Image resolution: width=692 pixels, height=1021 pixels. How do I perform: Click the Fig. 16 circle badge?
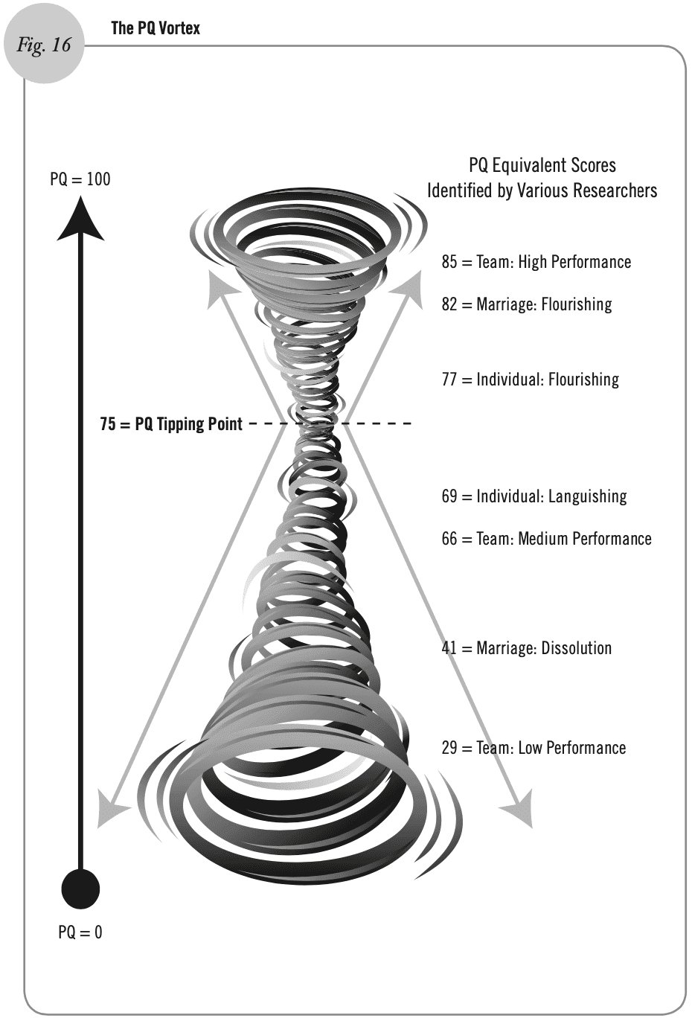44,45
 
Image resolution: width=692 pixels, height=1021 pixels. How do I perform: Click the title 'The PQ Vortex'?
156,28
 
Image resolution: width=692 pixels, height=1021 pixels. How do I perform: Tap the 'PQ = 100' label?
80,179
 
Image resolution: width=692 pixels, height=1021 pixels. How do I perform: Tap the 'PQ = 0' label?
80,932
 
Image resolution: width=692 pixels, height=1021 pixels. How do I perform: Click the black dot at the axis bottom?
80,889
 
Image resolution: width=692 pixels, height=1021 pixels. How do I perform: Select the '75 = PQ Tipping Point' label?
171,424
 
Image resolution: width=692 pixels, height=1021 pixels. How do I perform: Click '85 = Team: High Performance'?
536,262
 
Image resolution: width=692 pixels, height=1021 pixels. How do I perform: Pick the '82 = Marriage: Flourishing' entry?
526,304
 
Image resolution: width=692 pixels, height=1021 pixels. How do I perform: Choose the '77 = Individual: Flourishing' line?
530,380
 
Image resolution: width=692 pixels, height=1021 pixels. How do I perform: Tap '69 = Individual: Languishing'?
534,496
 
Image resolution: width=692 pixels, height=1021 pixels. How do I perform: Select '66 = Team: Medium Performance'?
546,539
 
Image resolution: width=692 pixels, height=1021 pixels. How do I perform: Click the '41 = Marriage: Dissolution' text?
526,648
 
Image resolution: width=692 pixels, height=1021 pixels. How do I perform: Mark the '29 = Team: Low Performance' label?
534,748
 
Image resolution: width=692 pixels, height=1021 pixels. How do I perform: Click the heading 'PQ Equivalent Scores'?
542,165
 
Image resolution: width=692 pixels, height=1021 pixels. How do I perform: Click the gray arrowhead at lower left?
110,811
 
